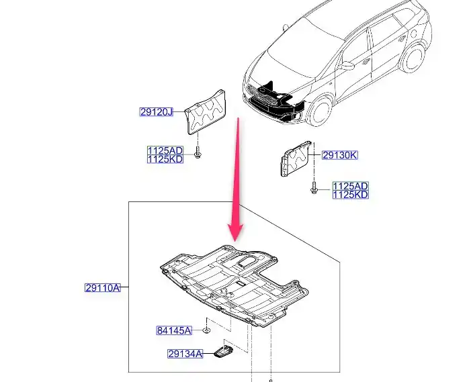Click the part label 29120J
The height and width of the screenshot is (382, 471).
[x=157, y=112]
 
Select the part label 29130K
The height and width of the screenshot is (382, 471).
[x=340, y=155]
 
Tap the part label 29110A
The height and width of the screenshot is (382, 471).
[x=103, y=288]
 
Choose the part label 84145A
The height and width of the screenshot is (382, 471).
[x=174, y=330]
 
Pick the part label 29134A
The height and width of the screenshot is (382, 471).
[x=185, y=354]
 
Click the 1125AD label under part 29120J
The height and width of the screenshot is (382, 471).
[x=165, y=150]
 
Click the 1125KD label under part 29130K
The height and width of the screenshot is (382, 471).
[x=350, y=195]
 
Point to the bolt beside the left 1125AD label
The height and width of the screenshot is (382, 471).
[x=198, y=152]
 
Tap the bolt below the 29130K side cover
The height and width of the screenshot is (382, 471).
[x=314, y=188]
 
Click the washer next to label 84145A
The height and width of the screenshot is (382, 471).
[x=206, y=330]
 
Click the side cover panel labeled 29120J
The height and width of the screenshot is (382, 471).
[x=205, y=112]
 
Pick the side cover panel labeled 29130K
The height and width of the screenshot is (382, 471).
[x=295, y=158]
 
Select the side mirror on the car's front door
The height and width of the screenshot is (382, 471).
[x=347, y=65]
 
